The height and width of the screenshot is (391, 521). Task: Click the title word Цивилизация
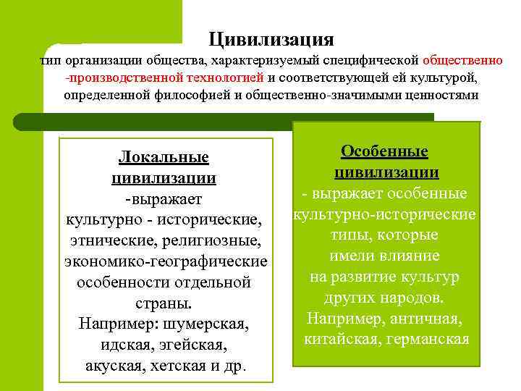[x=271, y=38]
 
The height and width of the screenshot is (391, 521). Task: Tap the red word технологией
[x=221, y=77]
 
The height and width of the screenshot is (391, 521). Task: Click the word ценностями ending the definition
[x=441, y=95]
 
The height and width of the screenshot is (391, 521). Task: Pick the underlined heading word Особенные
[x=384, y=151]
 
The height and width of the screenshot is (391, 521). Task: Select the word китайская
[x=338, y=339]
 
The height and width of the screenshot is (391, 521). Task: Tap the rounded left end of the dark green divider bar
[x=22, y=120]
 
